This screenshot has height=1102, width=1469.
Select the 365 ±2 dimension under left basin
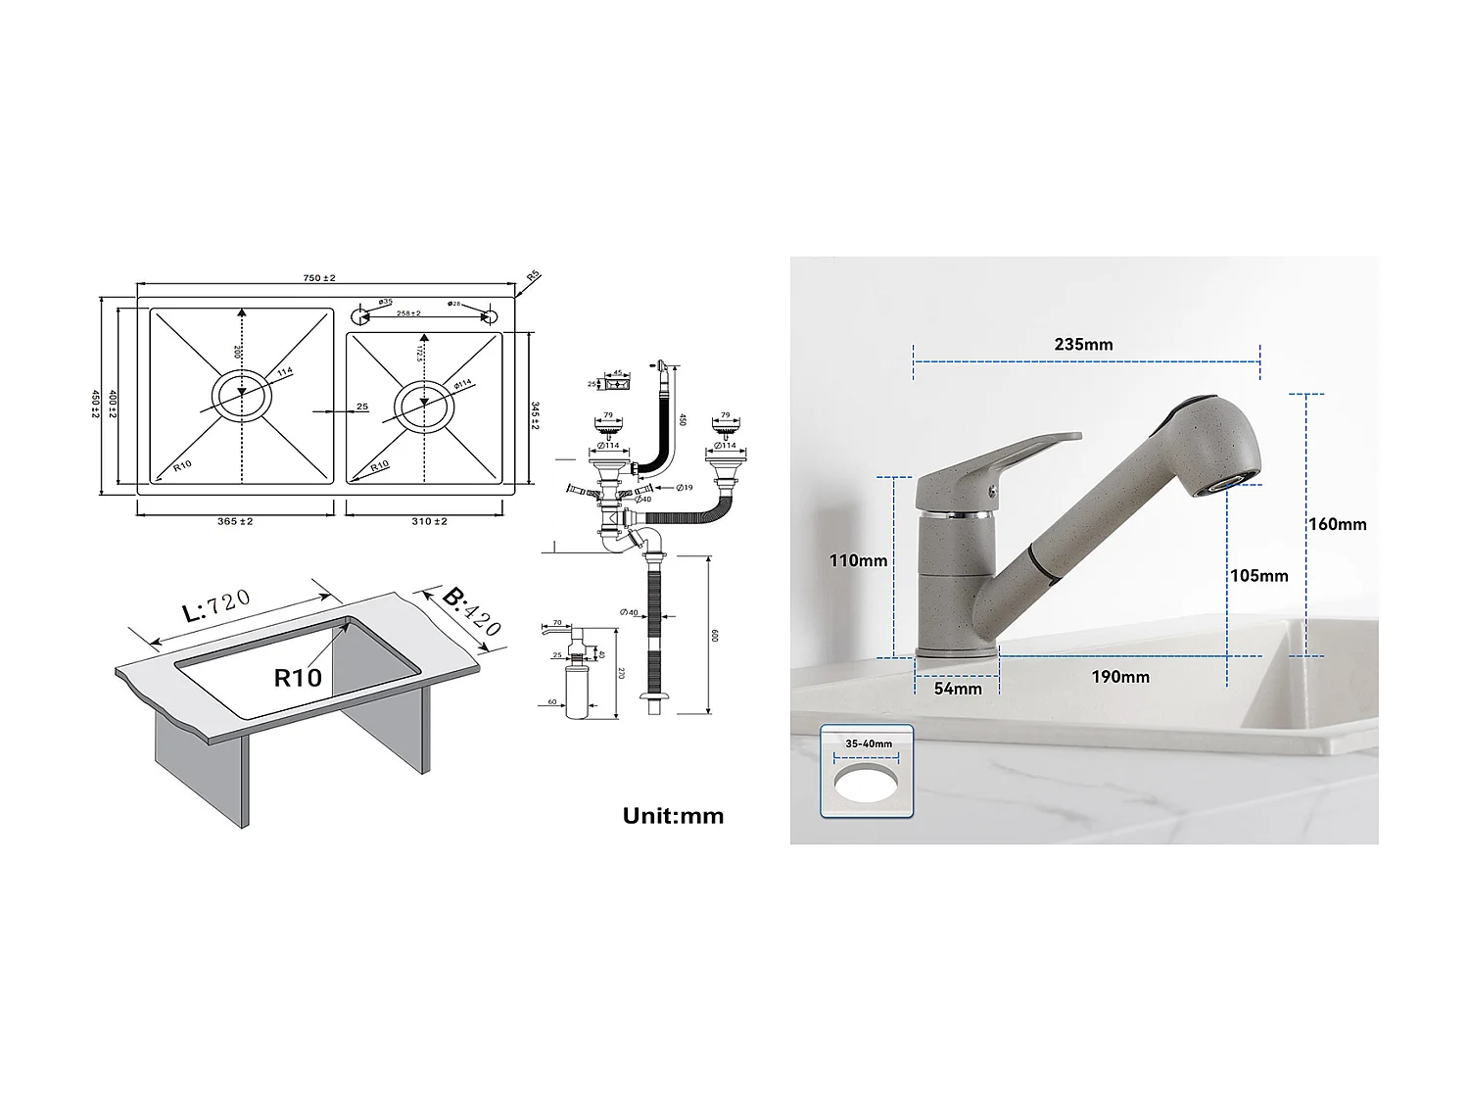tap(235, 521)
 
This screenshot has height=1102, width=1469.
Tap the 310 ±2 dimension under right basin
tap(429, 521)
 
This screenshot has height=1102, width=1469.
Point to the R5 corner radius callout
tap(534, 277)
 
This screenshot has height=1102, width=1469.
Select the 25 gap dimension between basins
tap(362, 407)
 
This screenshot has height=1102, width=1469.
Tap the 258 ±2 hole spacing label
tap(408, 313)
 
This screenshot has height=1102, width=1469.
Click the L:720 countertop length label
tap(217, 606)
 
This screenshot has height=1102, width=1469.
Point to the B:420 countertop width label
tap(470, 611)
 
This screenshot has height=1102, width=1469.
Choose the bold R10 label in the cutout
tap(298, 678)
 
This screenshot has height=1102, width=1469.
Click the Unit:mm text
tap(673, 816)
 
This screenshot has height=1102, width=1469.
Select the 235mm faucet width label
tap(1083, 344)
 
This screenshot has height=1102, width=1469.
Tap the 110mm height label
tap(858, 560)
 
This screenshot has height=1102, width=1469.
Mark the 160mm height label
tap(1337, 524)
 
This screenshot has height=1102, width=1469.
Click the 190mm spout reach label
tap(1120, 677)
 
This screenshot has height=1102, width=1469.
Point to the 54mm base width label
tap(957, 689)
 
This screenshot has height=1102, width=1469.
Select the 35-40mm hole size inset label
tap(868, 743)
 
